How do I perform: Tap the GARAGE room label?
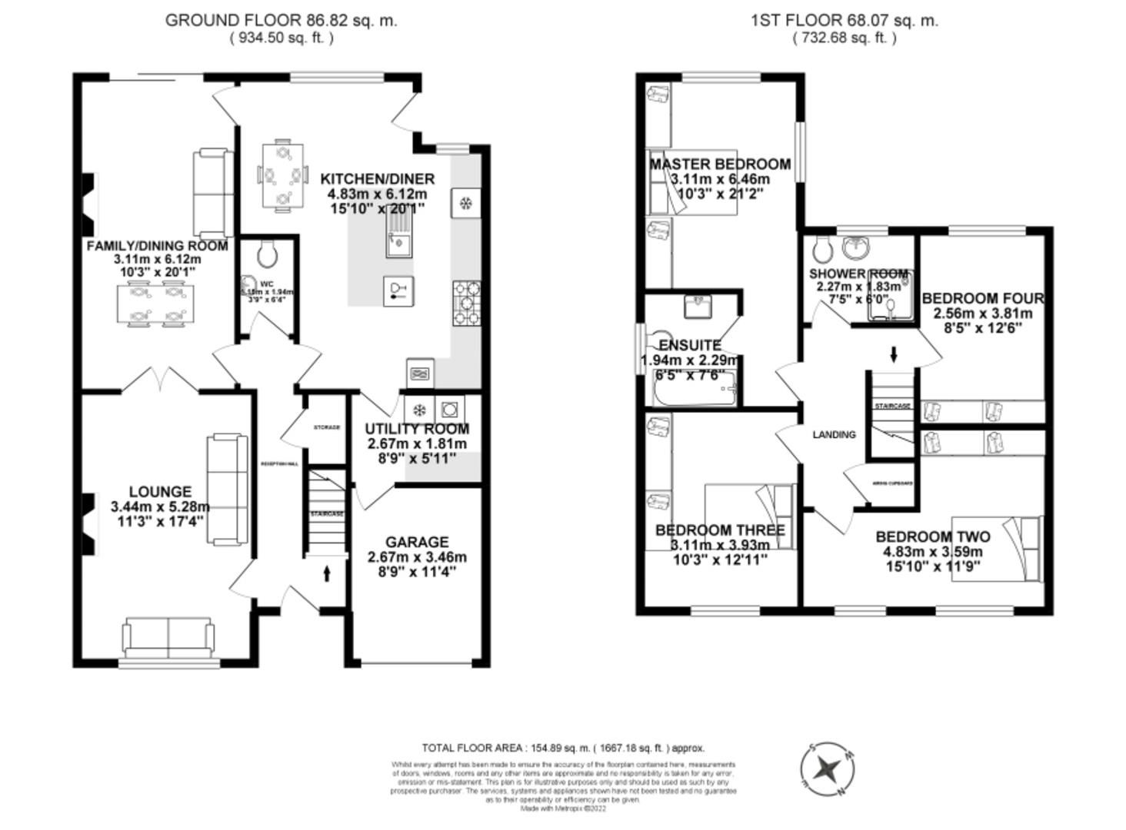417,542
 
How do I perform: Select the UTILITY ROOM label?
417,429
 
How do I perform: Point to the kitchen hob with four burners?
467,303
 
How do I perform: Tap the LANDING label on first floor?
834,435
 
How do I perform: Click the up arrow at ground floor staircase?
327,573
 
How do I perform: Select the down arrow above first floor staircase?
894,354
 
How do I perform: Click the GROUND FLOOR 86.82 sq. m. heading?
281,21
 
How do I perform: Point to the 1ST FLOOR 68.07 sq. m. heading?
844,21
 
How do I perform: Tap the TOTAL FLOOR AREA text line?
563,748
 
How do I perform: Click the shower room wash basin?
854,247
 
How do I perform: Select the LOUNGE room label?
160,492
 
